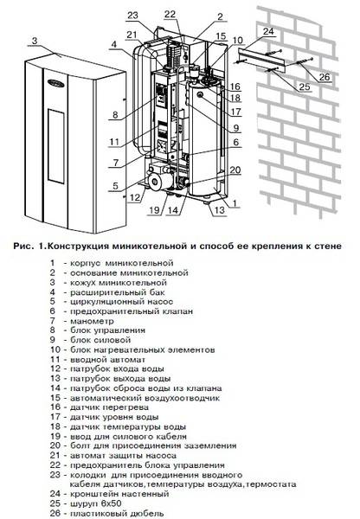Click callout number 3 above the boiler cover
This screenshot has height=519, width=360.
35,41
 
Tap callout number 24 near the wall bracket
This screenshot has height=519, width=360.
268,31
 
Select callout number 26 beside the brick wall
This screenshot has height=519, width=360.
325,77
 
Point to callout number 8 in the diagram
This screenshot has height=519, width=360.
115,115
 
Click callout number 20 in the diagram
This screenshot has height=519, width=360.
235,170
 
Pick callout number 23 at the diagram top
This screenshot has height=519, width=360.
132,16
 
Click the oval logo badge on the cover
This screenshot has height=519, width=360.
55,82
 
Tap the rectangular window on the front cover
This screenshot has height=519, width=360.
56,145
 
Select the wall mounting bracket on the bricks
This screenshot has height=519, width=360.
263,60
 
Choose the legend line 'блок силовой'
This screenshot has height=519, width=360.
100,340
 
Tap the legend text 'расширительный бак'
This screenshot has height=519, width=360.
117,292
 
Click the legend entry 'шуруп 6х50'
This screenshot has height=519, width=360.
95,503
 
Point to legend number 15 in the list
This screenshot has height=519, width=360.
55,398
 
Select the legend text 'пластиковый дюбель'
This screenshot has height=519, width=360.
117,513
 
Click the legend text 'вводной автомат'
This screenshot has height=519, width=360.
107,359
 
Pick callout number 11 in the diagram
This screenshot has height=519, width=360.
114,142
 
